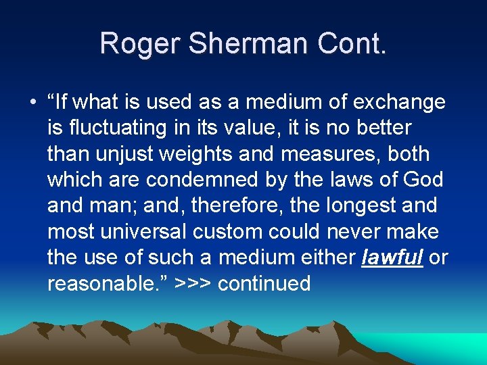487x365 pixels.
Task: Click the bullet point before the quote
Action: tap(32, 102)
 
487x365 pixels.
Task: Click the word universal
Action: tap(142, 231)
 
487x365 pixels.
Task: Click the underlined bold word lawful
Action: tap(392, 258)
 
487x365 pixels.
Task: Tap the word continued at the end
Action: tap(264, 283)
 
